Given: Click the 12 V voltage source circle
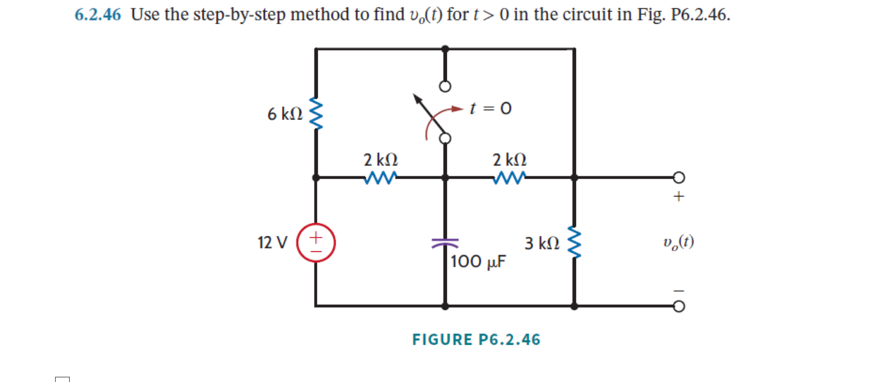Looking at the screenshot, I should pyautogui.click(x=316, y=243).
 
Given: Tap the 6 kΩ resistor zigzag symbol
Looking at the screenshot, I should pyautogui.click(x=316, y=114).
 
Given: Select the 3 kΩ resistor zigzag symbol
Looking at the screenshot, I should pyautogui.click(x=574, y=242).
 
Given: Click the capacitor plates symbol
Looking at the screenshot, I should pyautogui.click(x=445, y=243).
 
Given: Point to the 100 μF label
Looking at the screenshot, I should pyautogui.click(x=478, y=262).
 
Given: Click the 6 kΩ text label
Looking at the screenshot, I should pyautogui.click(x=285, y=114).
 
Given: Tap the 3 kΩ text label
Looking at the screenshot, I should pyautogui.click(x=542, y=243).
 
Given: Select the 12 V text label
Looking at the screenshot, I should pyautogui.click(x=272, y=243).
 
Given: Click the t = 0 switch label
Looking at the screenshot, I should pyautogui.click(x=491, y=108).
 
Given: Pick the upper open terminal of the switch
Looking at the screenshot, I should pyautogui.click(x=445, y=87).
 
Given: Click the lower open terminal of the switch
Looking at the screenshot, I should pyautogui.click(x=445, y=138).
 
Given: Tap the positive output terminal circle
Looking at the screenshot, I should pyautogui.click(x=679, y=177).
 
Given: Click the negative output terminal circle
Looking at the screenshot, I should pyautogui.click(x=679, y=306).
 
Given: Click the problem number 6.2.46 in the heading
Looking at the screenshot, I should pyautogui.click(x=98, y=15).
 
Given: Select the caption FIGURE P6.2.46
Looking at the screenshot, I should pyautogui.click(x=476, y=340).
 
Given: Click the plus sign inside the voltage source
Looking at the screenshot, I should pyautogui.click(x=316, y=237).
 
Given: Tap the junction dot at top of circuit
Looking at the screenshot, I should pyautogui.click(x=445, y=49).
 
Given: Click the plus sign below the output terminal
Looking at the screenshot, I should pyautogui.click(x=679, y=196).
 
